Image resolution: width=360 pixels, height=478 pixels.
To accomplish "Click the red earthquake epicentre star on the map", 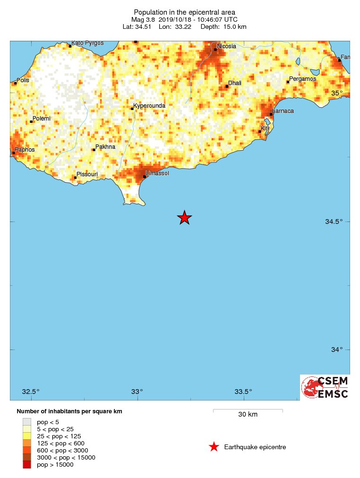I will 184,217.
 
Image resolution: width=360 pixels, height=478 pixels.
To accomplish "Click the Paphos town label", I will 25,150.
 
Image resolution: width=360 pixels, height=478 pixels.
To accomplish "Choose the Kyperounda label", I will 150,106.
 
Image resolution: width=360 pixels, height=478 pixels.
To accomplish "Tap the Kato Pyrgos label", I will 87,43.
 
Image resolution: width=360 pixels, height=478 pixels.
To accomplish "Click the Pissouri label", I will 87,174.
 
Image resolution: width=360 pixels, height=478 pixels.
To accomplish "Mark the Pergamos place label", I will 302,79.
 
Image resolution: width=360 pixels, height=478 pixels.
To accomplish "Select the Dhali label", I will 235,83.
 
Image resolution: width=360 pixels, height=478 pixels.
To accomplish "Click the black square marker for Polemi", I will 31,121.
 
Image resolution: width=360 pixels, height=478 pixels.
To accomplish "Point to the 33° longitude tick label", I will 137,391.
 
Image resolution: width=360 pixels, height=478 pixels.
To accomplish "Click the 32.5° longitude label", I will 31,391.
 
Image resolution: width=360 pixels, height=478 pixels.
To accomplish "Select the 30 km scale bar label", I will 248,415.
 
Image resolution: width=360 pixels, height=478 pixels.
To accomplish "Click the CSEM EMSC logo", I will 325,387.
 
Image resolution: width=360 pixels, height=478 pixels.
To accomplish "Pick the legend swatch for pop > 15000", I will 27,465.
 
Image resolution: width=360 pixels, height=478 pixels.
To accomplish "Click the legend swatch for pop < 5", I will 27,422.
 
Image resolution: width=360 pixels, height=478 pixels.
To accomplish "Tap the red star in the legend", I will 214,447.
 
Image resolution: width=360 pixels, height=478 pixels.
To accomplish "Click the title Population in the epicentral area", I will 184,12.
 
